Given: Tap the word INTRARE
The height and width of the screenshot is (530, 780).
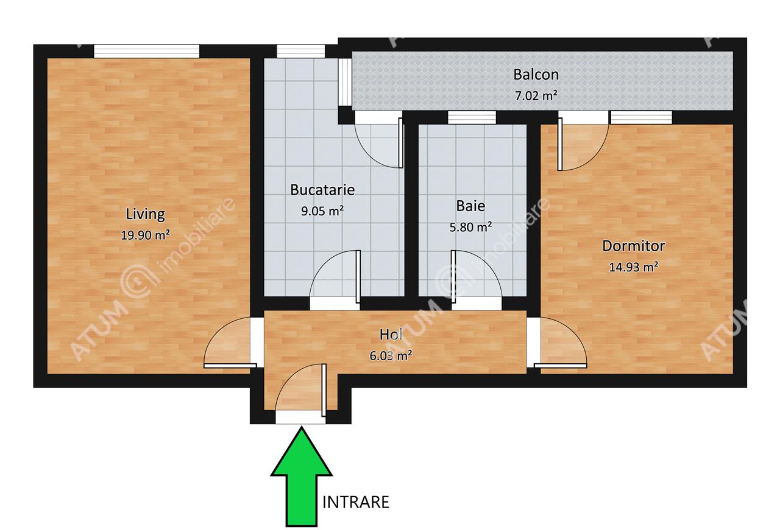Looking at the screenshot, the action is [x=355, y=503].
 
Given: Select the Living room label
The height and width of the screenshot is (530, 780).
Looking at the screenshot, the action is [x=145, y=214].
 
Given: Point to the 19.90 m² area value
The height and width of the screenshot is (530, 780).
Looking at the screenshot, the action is [x=145, y=235].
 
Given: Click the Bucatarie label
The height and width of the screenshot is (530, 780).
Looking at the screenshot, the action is [x=322, y=190].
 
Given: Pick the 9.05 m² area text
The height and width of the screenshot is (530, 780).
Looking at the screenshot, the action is [x=322, y=211].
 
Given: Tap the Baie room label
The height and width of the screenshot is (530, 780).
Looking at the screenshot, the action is [x=470, y=206].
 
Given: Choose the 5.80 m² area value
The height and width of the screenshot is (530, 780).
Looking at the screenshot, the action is [x=470, y=227].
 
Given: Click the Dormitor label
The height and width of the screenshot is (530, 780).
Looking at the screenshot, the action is [x=633, y=246].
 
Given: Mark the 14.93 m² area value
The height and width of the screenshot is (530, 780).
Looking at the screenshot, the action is [x=633, y=267].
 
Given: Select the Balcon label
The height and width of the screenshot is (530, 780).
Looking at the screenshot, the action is [x=536, y=74].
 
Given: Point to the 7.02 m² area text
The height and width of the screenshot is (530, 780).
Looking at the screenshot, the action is [x=536, y=96].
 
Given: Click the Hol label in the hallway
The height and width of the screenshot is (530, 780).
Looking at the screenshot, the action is [x=391, y=335].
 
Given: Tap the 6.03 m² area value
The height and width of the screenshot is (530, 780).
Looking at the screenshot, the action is [x=391, y=356].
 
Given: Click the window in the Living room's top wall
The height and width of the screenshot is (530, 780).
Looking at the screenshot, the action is [x=147, y=51].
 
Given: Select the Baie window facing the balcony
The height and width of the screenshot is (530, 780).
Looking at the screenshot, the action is [x=472, y=117].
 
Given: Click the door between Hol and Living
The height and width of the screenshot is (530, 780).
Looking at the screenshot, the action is [x=230, y=342].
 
